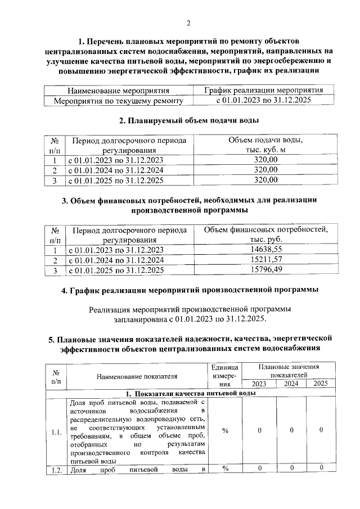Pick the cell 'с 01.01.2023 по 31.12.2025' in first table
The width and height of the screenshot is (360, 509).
[x=264, y=101]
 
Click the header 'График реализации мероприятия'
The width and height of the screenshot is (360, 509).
[x=264, y=90]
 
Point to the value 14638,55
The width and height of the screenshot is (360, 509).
[x=266, y=250]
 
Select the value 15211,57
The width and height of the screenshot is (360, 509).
[x=266, y=260]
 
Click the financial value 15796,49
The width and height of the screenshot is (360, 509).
[x=266, y=270]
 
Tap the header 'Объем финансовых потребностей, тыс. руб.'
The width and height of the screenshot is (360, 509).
[x=266, y=235]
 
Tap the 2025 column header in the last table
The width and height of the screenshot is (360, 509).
[x=321, y=384]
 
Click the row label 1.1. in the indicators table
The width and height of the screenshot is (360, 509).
[x=56, y=432]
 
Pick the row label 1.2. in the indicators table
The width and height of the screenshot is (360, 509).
[x=56, y=469]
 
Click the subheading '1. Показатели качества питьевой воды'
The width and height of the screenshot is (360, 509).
[x=191, y=393]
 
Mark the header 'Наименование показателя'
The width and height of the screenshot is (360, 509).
[x=137, y=376]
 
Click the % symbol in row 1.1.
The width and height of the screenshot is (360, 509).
[x=225, y=430]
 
